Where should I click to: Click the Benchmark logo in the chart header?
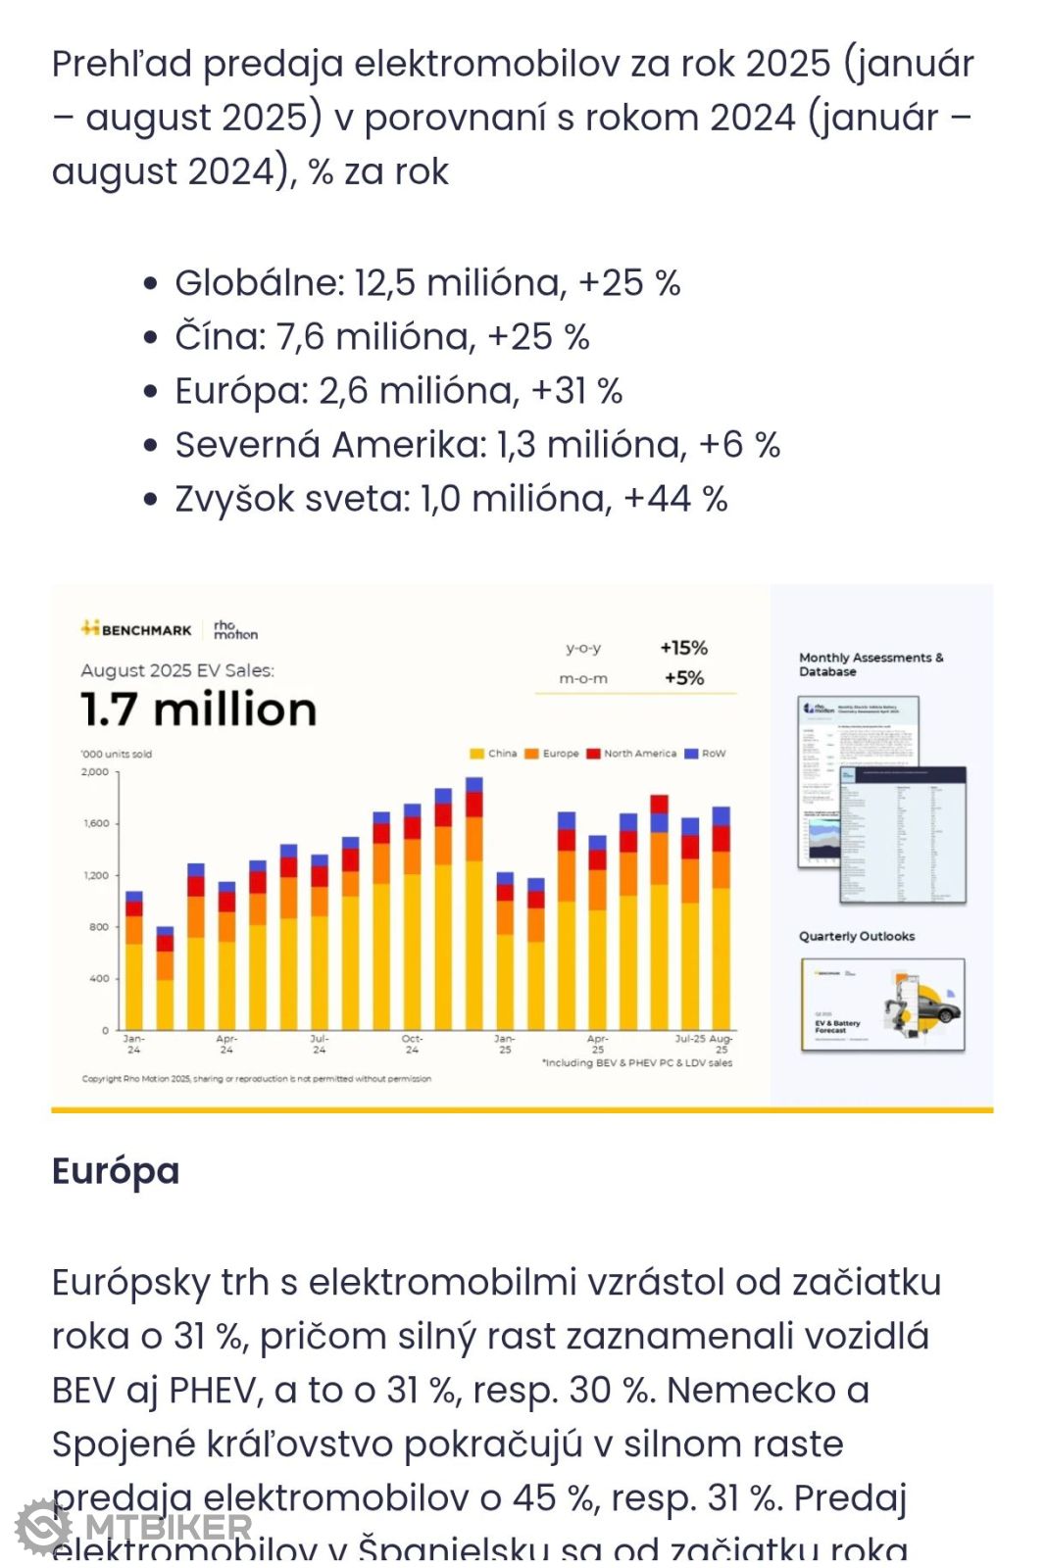coord(136,629)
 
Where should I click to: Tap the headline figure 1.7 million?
coord(199,710)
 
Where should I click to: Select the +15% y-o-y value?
coord(683,648)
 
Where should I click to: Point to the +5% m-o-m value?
coord(684,678)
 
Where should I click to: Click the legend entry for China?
coord(493,754)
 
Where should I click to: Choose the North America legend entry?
coord(631,754)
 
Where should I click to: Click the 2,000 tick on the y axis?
coord(95,772)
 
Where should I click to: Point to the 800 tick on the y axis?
coord(99,927)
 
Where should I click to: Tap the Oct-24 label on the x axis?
coord(412,1044)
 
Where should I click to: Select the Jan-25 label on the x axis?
coord(505,1044)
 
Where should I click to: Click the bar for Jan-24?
coord(134,960)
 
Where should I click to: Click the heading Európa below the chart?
coord(116,1171)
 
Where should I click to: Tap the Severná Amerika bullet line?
coord(477,445)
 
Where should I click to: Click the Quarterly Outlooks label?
coord(857,936)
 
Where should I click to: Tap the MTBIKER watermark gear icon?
coord(43,1527)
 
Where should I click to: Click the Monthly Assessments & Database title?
coord(871,664)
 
